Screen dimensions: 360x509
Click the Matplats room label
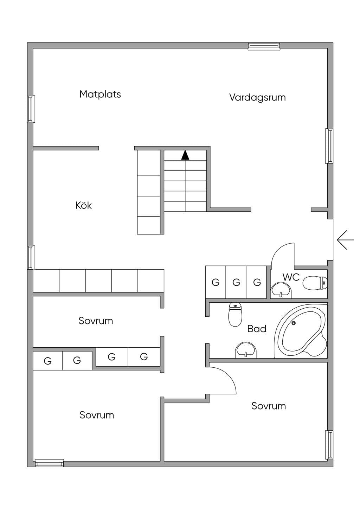100,94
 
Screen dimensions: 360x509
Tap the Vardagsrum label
257,97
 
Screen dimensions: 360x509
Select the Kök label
83,205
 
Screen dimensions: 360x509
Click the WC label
291,277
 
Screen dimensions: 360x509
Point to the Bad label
257,329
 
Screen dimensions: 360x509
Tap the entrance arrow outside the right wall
345,240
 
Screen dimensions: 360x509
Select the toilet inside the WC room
315,283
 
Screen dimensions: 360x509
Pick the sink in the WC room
281,290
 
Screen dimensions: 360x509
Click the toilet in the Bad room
235,315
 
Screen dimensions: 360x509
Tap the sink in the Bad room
245,350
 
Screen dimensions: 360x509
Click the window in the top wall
264,46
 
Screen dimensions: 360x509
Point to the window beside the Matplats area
31,109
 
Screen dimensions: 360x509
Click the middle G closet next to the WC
236,282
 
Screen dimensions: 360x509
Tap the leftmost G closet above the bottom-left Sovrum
48,361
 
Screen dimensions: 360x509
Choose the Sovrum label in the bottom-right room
268,406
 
